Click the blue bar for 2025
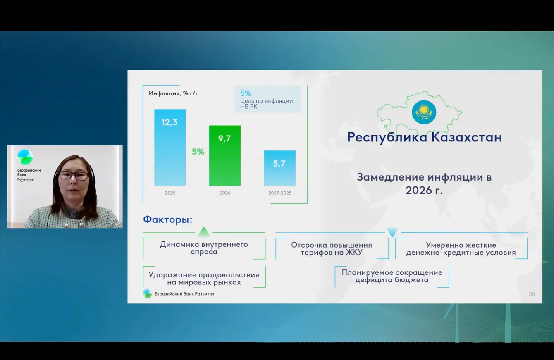point(170,148)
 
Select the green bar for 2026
point(225,155)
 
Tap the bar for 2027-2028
point(280,168)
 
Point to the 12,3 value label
point(170,122)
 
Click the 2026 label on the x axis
point(225,193)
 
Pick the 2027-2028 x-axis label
point(280,193)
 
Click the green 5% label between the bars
point(198,152)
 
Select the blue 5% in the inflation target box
point(246,93)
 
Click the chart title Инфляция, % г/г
point(173,93)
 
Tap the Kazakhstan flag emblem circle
point(424,112)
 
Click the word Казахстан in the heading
point(467,137)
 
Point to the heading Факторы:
point(168,219)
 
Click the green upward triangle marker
point(204,232)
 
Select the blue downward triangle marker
point(392,232)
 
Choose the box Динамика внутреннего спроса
point(204,248)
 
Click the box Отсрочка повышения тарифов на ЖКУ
point(332,248)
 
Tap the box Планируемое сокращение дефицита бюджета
point(392,277)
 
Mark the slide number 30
point(532,294)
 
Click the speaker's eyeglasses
point(74,176)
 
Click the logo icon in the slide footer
point(147,294)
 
